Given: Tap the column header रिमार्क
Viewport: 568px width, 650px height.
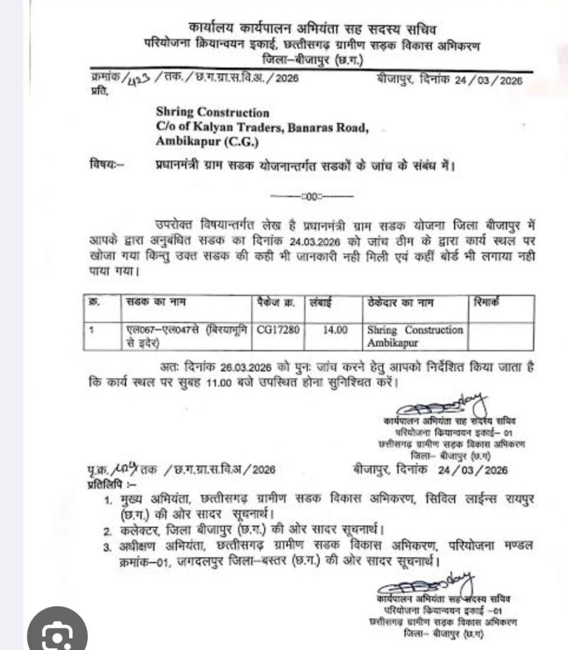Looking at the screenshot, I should click(x=487, y=303).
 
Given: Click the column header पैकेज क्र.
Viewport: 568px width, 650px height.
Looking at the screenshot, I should click(x=276, y=303).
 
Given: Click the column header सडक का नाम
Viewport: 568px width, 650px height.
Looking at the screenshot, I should click(x=152, y=303).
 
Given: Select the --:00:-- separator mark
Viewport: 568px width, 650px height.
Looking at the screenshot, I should click(x=312, y=196).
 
